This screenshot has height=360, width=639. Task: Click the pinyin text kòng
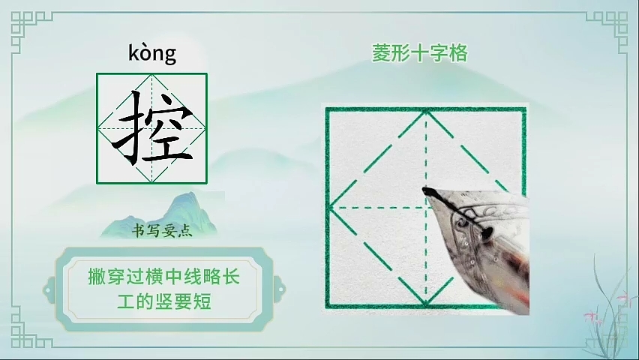(x=152, y=53)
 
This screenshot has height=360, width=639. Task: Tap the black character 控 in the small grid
(x=152, y=129)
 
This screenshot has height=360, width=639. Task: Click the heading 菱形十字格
(x=419, y=54)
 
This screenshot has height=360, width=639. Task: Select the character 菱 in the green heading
(x=381, y=54)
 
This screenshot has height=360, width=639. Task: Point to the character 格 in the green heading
(x=458, y=54)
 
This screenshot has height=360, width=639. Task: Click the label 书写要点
(x=162, y=231)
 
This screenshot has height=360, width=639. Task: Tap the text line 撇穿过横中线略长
(x=164, y=277)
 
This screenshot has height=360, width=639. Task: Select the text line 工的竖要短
(x=164, y=302)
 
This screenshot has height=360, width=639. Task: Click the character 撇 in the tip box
(x=97, y=277)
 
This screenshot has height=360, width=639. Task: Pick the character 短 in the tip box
(x=202, y=302)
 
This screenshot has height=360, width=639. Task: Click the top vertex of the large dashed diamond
(x=426, y=111)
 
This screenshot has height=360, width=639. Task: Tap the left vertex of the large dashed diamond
(x=330, y=208)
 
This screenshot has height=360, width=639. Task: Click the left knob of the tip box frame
(x=49, y=290)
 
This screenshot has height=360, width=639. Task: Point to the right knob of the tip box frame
(x=280, y=290)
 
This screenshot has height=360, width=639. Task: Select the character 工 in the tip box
(x=126, y=302)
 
